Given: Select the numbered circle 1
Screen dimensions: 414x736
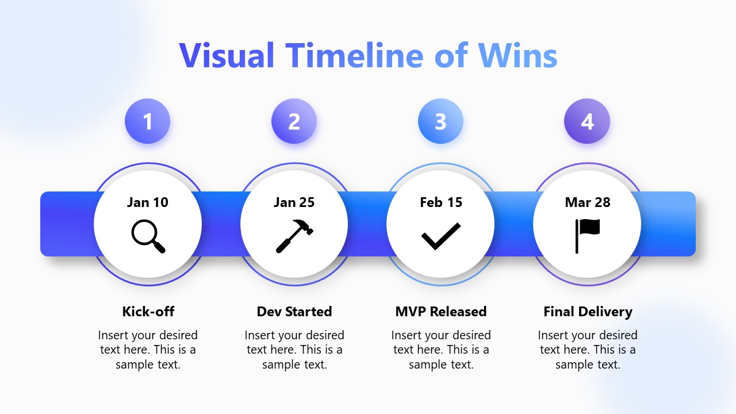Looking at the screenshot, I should coord(148,121).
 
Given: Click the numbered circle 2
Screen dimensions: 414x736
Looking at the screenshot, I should coord(294,121).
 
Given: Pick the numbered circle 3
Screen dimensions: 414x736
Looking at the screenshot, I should coord(440,121).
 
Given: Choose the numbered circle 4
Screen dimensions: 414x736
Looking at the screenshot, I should coord(587,121).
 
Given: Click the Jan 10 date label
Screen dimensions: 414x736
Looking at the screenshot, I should coord(148,202).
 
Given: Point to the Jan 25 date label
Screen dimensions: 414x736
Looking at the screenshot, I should coord(294,202).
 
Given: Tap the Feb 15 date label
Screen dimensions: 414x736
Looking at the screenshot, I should coord(440,202).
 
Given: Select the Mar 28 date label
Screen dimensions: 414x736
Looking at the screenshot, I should coord(587,202).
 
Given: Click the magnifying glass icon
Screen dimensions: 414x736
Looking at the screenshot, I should coord(148,236).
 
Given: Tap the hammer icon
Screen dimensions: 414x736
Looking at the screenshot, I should coord(294,236).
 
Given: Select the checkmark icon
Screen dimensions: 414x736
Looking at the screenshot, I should coord(440,236).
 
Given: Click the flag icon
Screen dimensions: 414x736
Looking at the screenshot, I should coord(587,236).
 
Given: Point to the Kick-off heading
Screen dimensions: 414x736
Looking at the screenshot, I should coord(148,312).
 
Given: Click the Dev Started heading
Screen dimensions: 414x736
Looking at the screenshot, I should coord(294,312).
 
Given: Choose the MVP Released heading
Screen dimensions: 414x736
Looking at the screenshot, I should coord(440,312).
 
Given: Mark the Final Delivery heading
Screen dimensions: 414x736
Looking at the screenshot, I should coord(587,312).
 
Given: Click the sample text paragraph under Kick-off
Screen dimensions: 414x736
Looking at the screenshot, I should coord(148,350).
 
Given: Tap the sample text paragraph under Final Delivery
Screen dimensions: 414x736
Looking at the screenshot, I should coord(587,350).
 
